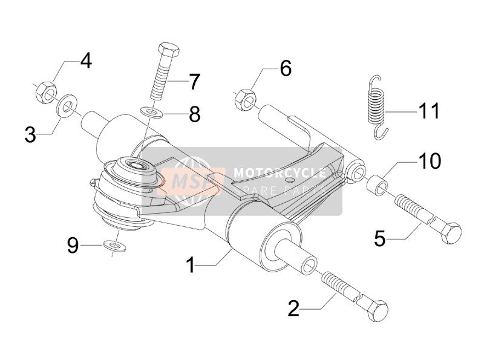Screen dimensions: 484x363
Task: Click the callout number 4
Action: [x=86, y=61]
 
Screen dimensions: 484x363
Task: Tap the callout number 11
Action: [x=428, y=111]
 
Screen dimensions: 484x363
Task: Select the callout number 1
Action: [x=191, y=265]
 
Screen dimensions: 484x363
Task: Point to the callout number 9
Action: [x=73, y=246]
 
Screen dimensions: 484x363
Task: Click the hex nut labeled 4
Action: [x=46, y=92]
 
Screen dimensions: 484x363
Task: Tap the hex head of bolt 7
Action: [x=169, y=51]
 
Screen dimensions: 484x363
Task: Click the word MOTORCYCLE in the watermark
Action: [x=280, y=173]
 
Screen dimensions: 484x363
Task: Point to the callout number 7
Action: [x=194, y=82]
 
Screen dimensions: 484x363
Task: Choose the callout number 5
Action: [x=380, y=238]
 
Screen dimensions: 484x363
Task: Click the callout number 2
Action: [x=293, y=308]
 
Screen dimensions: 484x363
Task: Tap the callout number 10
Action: [x=430, y=161]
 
